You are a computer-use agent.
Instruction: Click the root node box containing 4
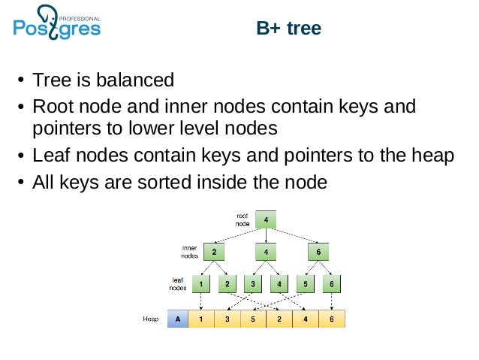(266, 219)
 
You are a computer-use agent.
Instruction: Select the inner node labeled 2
(214, 252)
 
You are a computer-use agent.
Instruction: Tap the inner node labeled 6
(318, 252)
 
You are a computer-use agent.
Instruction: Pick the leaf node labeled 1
(201, 284)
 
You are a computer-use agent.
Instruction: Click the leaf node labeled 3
(253, 284)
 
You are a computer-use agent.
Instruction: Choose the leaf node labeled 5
(306, 284)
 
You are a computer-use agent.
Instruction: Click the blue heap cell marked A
(177, 319)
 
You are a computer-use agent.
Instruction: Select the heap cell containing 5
(253, 319)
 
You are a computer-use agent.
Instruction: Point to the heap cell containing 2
(279, 319)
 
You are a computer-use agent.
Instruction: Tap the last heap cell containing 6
(331, 319)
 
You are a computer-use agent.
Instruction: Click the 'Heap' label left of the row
(151, 319)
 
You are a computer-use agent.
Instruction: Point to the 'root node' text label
(242, 219)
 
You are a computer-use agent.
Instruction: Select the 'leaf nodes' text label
(178, 283)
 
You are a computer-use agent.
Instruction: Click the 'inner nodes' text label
(189, 251)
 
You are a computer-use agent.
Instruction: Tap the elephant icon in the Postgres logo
(46, 17)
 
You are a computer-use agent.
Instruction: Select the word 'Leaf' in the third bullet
(48, 156)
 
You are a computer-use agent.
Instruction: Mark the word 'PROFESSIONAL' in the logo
(80, 15)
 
